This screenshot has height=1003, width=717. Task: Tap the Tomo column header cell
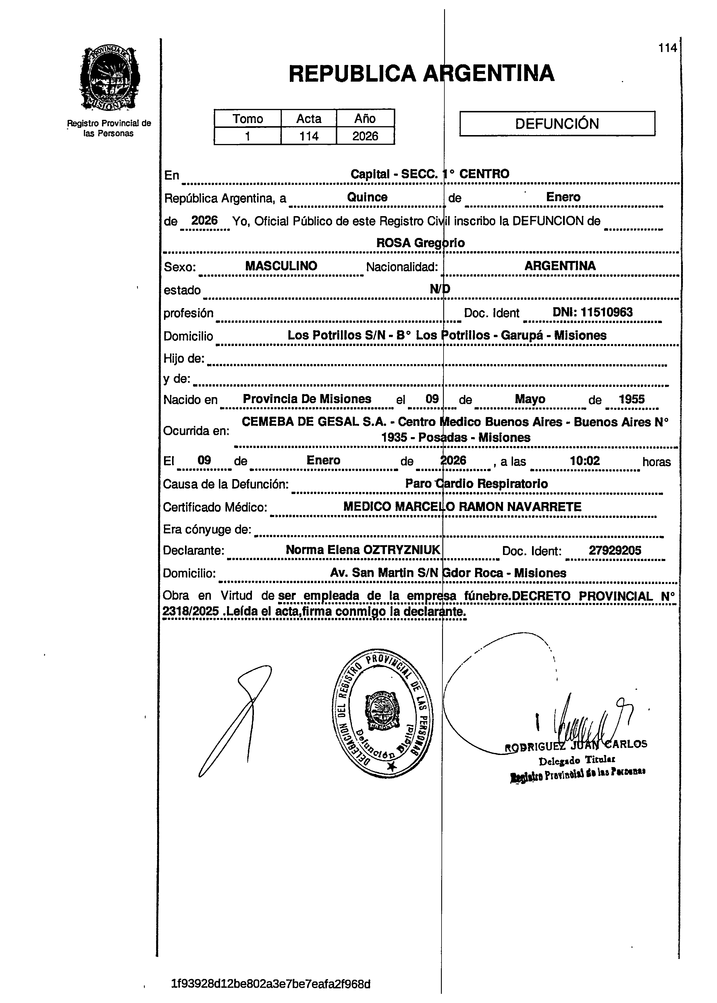(x=248, y=118)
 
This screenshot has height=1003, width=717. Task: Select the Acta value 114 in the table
(x=309, y=136)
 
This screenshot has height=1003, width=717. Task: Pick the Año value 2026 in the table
(x=365, y=136)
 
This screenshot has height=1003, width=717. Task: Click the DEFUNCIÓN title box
(x=557, y=123)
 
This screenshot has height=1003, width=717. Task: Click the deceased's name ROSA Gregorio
(x=420, y=243)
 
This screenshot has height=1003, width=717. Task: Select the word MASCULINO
(x=281, y=266)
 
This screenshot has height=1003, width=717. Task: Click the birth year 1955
(x=632, y=399)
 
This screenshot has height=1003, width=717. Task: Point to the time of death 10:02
(x=585, y=461)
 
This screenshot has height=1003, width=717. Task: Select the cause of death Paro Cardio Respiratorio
(x=476, y=484)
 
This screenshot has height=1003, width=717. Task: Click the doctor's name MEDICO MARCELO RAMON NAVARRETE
(x=462, y=507)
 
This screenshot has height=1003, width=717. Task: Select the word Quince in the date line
(x=367, y=197)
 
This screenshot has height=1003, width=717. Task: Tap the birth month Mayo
(x=530, y=399)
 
